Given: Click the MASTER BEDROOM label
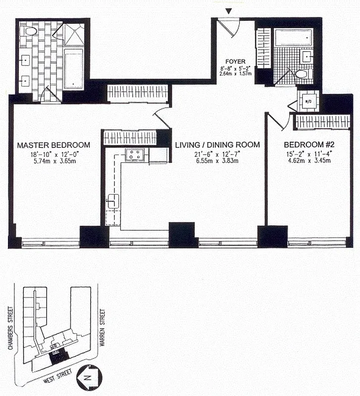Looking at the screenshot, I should [53, 145].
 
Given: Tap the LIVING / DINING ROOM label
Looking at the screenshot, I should [217, 145].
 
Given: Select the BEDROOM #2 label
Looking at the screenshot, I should [307, 145].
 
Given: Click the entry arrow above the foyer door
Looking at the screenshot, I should [228, 11].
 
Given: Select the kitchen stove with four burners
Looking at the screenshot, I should [134, 154].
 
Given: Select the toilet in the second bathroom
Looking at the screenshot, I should [302, 75].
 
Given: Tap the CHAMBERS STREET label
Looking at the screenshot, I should [10, 328].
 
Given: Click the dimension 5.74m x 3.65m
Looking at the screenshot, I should [53, 161].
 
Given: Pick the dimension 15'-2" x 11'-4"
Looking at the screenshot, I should [307, 153].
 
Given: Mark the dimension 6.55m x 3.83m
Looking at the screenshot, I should [217, 161].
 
